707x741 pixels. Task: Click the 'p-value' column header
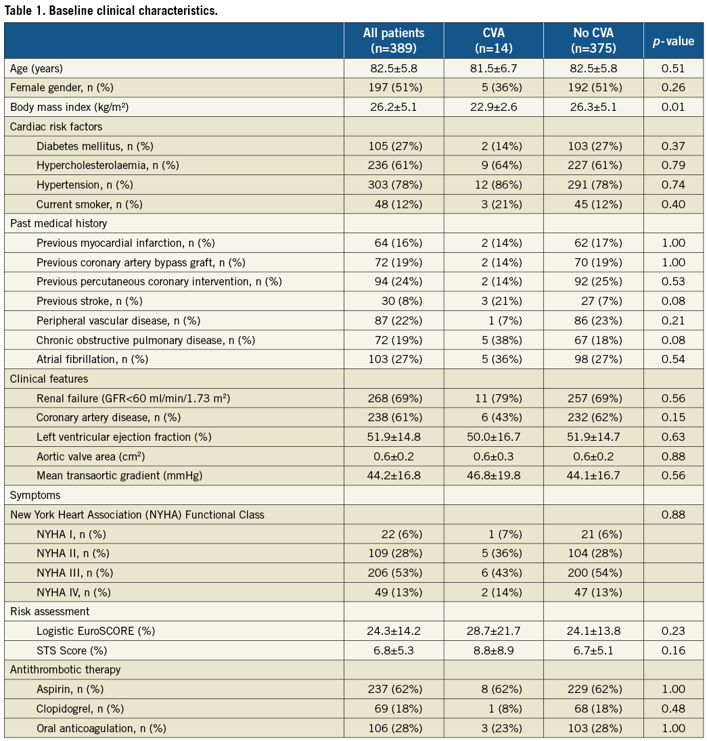pos(673,41)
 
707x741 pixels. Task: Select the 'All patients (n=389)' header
pos(393,41)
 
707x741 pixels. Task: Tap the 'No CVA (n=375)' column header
pos(593,41)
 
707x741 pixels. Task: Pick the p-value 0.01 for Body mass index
pos(673,107)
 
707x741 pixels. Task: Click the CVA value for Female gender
pos(493,87)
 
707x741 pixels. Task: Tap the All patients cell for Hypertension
pos(393,185)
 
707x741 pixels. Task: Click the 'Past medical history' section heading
pos(58,223)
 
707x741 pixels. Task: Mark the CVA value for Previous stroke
pos(493,301)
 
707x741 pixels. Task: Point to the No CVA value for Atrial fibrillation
pos(593,359)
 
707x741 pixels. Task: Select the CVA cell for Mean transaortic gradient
pos(493,476)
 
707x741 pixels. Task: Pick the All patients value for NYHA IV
pos(393,592)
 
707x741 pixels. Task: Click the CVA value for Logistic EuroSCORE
pos(493,631)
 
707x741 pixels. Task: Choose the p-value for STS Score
pos(673,650)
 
